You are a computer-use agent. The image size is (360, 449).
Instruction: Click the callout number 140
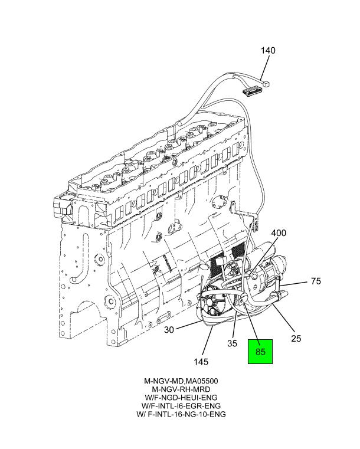[x=268, y=51]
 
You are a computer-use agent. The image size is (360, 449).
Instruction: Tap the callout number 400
[x=279, y=233]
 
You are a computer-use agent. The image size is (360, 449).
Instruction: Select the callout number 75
[x=316, y=281]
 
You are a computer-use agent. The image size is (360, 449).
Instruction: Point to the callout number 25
[x=296, y=338]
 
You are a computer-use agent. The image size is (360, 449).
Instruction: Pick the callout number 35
[x=233, y=343]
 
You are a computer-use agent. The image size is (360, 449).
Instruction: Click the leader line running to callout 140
[x=264, y=66]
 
